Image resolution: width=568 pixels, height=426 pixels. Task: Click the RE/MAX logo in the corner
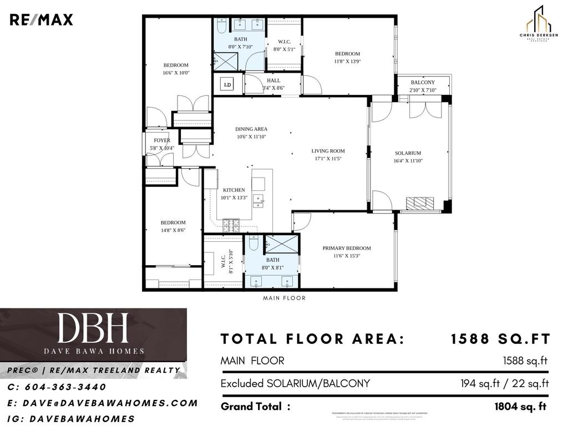[41, 20]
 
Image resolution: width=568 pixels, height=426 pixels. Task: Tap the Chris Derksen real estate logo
[537, 24]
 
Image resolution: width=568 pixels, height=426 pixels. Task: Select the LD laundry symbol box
[227, 85]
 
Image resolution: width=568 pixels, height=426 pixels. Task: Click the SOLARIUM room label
[408, 153]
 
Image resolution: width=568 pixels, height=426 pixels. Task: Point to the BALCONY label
[423, 83]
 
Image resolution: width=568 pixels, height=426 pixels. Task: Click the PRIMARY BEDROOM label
[347, 248]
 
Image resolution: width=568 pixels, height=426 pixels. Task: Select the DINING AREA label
[251, 129]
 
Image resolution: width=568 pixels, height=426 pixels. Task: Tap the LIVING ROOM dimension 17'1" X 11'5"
[328, 159]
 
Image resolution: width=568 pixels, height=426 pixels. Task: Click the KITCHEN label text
[234, 190]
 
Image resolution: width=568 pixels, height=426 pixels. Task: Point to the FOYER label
[162, 141]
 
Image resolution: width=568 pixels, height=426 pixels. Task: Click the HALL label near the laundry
[273, 80]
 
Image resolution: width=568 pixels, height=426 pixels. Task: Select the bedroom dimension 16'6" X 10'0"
[176, 73]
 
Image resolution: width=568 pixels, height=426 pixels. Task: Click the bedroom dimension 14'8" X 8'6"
[173, 230]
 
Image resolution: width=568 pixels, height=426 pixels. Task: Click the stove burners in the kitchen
[231, 224]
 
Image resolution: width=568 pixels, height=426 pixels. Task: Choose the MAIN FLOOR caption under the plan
[284, 298]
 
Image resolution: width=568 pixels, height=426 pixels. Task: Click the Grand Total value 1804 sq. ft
[520, 407]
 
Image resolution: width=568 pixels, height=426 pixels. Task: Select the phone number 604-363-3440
[57, 387]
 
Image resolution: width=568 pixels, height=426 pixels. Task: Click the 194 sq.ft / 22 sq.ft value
[504, 383]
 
